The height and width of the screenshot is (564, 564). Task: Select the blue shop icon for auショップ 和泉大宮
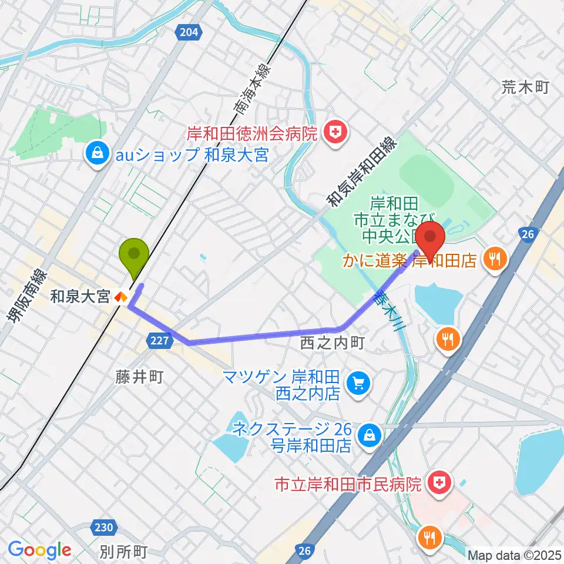(x=95, y=155)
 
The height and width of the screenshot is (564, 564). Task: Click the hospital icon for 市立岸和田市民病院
(x=438, y=485)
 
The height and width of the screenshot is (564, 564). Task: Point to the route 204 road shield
(x=188, y=33)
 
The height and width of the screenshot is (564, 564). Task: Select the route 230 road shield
(x=104, y=528)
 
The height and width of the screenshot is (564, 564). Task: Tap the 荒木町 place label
(x=525, y=88)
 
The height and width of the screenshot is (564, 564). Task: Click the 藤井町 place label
(x=140, y=377)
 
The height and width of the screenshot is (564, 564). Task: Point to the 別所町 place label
(x=123, y=552)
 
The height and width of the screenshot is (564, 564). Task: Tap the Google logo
(x=40, y=550)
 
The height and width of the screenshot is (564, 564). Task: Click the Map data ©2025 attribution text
(x=515, y=555)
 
